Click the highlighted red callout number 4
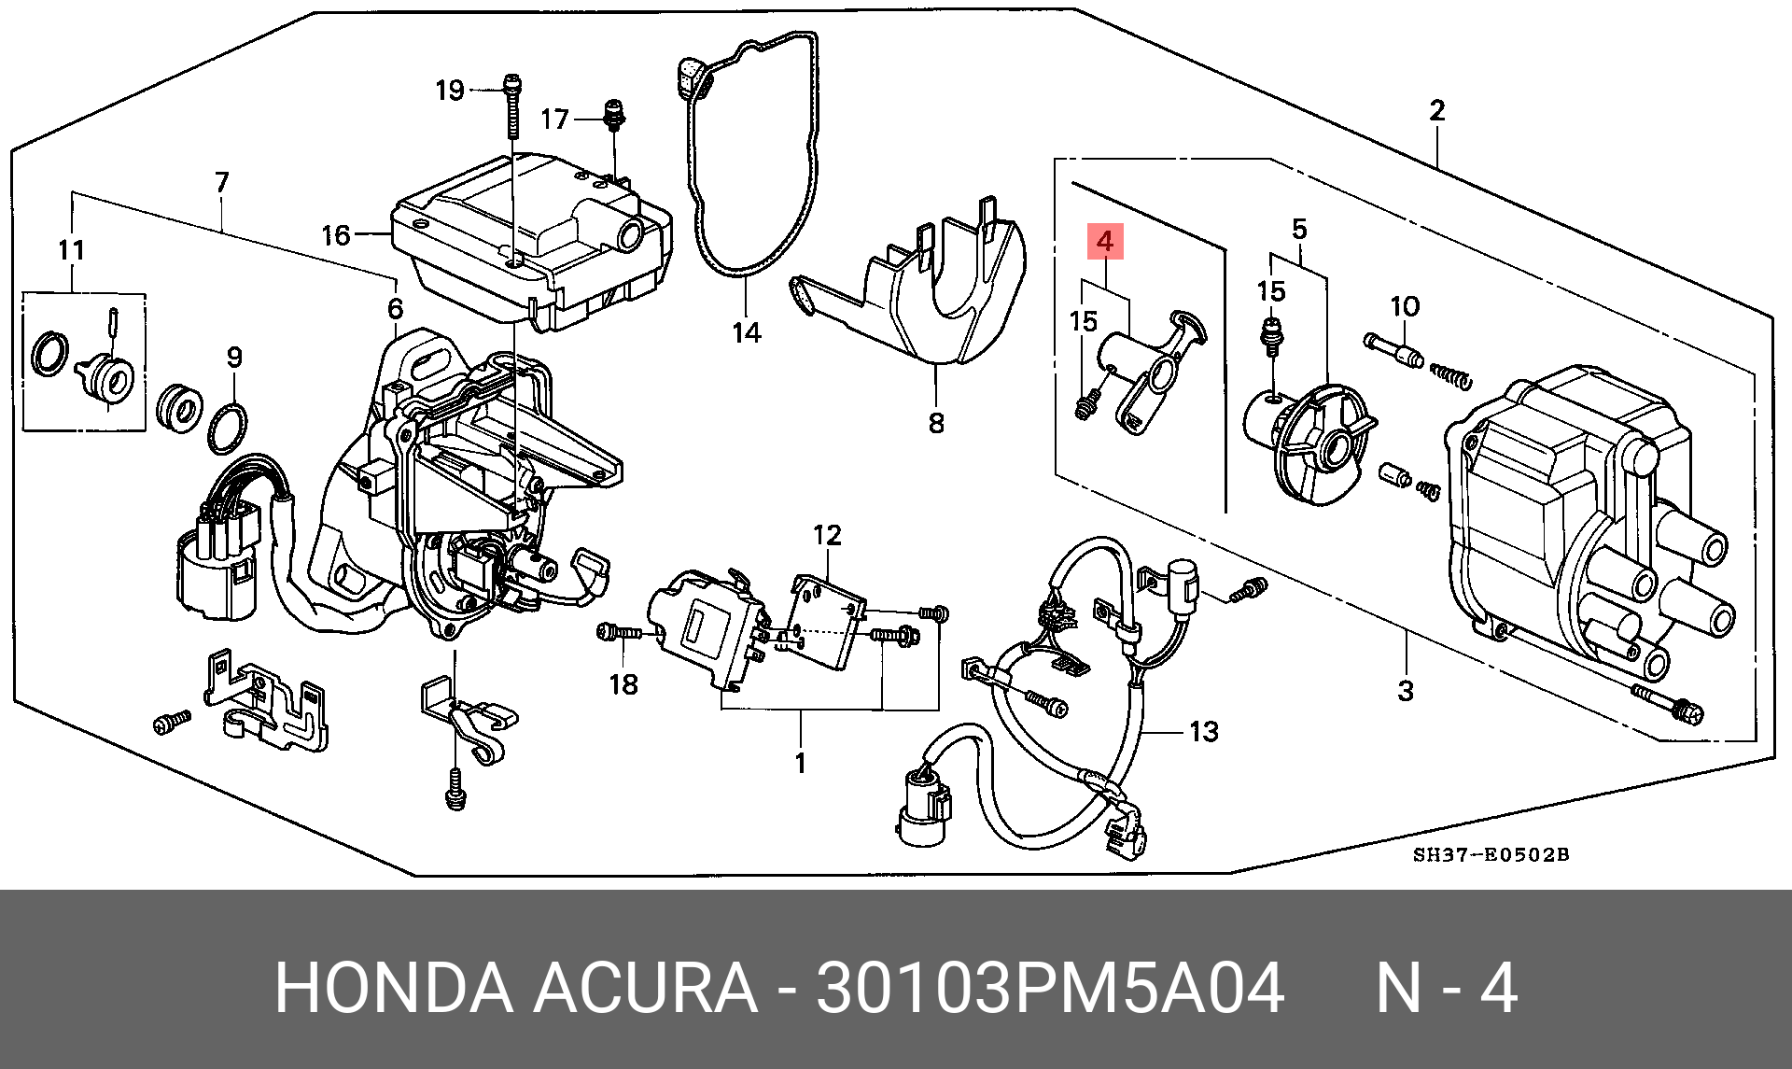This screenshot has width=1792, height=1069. (1105, 242)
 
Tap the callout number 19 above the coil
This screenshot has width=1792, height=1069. (450, 90)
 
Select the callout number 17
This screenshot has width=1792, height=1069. (554, 119)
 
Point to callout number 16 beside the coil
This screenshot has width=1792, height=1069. (336, 234)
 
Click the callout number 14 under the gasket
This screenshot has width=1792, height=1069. (747, 331)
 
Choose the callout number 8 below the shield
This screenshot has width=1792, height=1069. (936, 423)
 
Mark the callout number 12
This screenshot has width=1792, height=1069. (827, 535)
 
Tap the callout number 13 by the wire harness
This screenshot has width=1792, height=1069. (1204, 731)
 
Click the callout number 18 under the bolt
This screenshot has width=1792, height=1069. (623, 684)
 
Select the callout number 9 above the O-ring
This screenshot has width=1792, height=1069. (234, 357)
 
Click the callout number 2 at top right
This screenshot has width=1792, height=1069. (1437, 110)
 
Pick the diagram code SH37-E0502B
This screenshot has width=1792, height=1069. (1491, 854)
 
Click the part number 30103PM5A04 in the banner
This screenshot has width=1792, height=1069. (1050, 988)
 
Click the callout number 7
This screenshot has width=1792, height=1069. (221, 181)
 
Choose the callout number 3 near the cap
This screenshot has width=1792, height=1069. (1406, 691)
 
